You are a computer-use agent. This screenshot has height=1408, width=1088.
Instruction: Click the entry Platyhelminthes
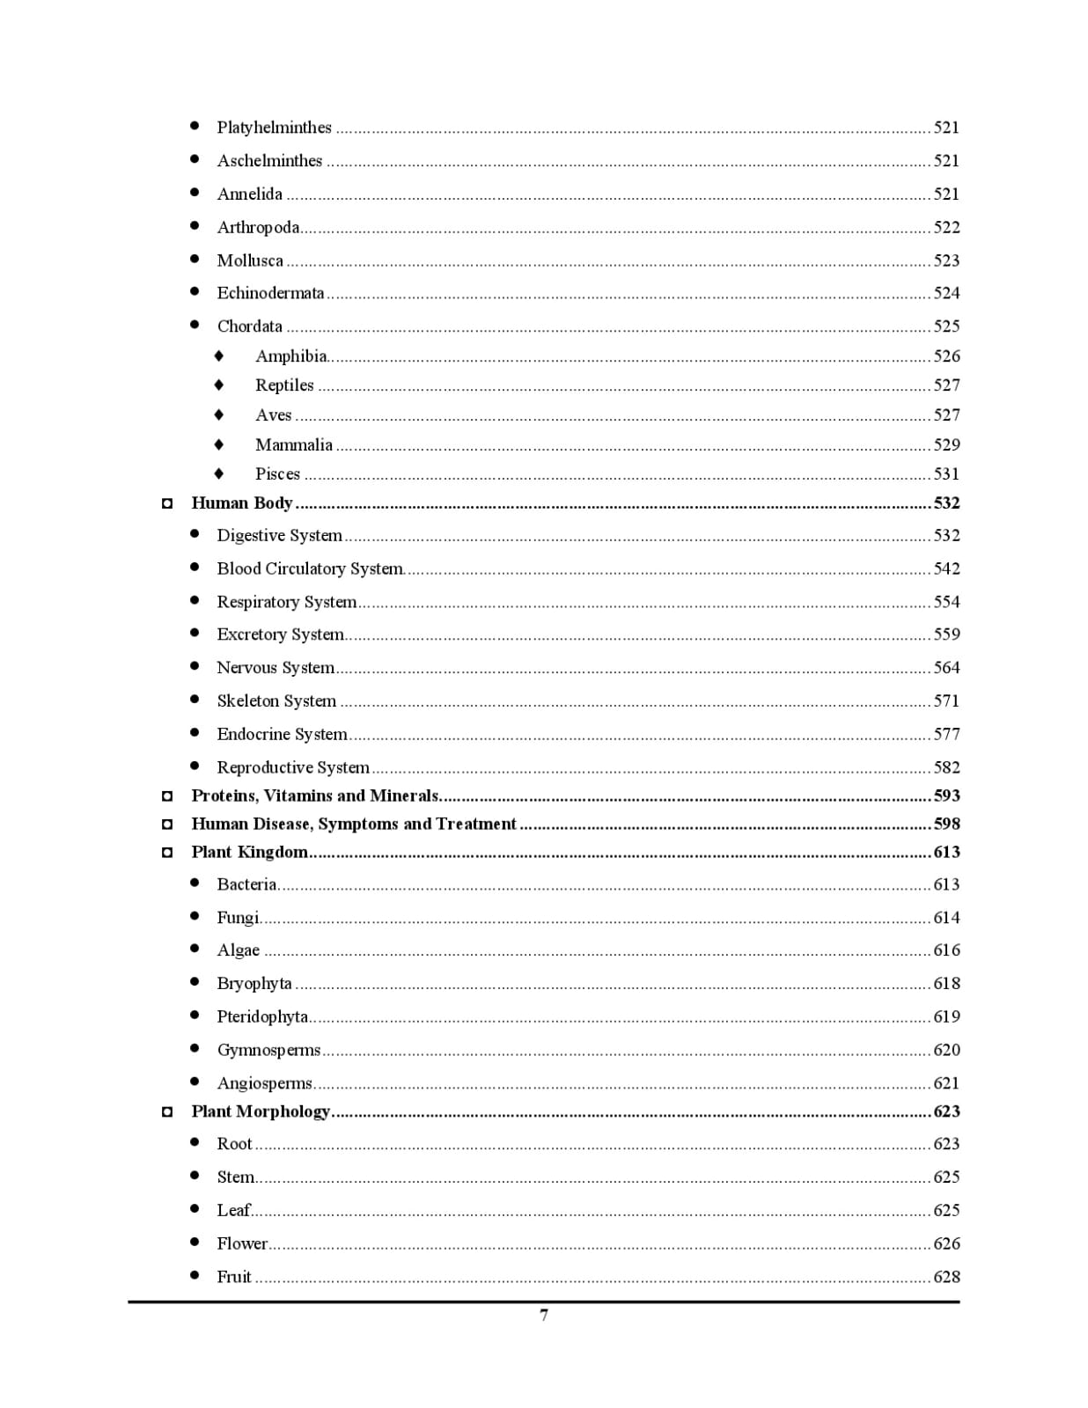point(274,128)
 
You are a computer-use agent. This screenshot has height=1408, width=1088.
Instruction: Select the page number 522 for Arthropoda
point(946,227)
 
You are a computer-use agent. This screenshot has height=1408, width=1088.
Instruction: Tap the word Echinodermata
point(270,293)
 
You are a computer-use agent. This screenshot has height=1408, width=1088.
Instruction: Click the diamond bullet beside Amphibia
point(219,356)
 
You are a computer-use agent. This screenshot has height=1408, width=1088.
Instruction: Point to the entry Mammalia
point(294,445)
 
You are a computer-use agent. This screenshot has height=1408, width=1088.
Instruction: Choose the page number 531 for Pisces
point(946,474)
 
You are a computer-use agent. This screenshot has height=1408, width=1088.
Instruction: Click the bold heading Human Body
point(242,503)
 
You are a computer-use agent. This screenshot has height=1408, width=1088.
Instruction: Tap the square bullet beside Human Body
point(167,504)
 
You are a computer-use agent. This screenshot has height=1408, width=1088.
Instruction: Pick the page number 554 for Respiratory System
point(946,602)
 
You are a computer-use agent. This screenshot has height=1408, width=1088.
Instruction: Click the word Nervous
point(246,668)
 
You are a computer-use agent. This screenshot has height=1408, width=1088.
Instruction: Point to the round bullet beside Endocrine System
point(195,733)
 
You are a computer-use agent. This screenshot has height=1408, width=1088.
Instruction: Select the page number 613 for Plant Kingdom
point(946,852)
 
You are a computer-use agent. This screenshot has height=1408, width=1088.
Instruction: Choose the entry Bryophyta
point(254,984)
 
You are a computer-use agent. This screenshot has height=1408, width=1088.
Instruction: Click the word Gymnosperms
point(268,1051)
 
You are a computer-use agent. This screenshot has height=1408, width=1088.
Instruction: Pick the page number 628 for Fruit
point(946,1277)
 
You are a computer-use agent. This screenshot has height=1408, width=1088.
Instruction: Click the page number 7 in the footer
point(544,1315)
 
